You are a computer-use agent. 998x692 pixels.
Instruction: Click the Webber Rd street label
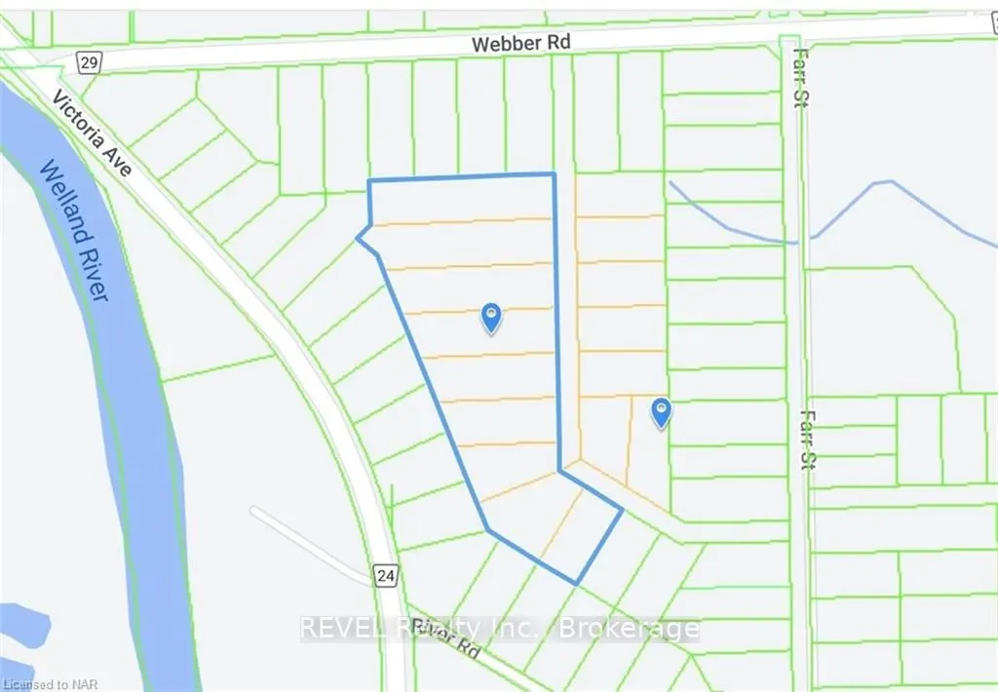pyautogui.click(x=520, y=44)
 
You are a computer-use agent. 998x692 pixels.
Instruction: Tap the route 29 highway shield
pyautogui.click(x=89, y=63)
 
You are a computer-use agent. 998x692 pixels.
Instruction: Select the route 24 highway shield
pyautogui.click(x=386, y=576)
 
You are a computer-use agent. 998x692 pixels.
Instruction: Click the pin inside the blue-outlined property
pyautogui.click(x=492, y=317)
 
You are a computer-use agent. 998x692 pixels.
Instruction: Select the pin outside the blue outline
pyautogui.click(x=662, y=413)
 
